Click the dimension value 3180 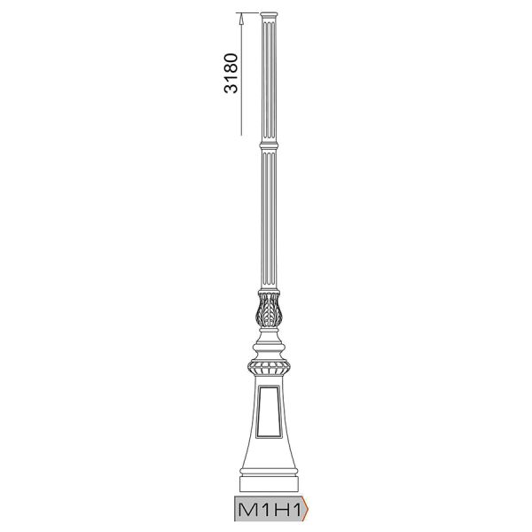point(231,73)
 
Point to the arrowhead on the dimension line point(241,19)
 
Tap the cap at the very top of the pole point(269,15)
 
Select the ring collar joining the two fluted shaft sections point(269,146)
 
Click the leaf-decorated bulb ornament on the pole point(269,310)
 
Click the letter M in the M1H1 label point(248,510)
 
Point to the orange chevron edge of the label point(305,509)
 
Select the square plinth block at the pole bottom point(269,484)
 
